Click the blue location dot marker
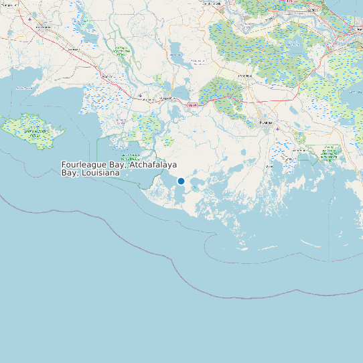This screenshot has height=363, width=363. click(x=181, y=181)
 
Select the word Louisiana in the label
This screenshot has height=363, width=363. click(x=103, y=173)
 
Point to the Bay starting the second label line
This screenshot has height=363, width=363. click(x=69, y=173)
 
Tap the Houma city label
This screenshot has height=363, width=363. click(x=265, y=123)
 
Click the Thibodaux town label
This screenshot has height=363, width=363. click(x=244, y=76)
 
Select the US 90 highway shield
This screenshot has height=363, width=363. click(x=193, y=105)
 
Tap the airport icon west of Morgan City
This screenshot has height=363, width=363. click(x=139, y=95)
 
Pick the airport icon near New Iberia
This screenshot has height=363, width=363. click(x=29, y=19)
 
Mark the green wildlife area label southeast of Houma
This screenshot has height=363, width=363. click(x=329, y=153)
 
